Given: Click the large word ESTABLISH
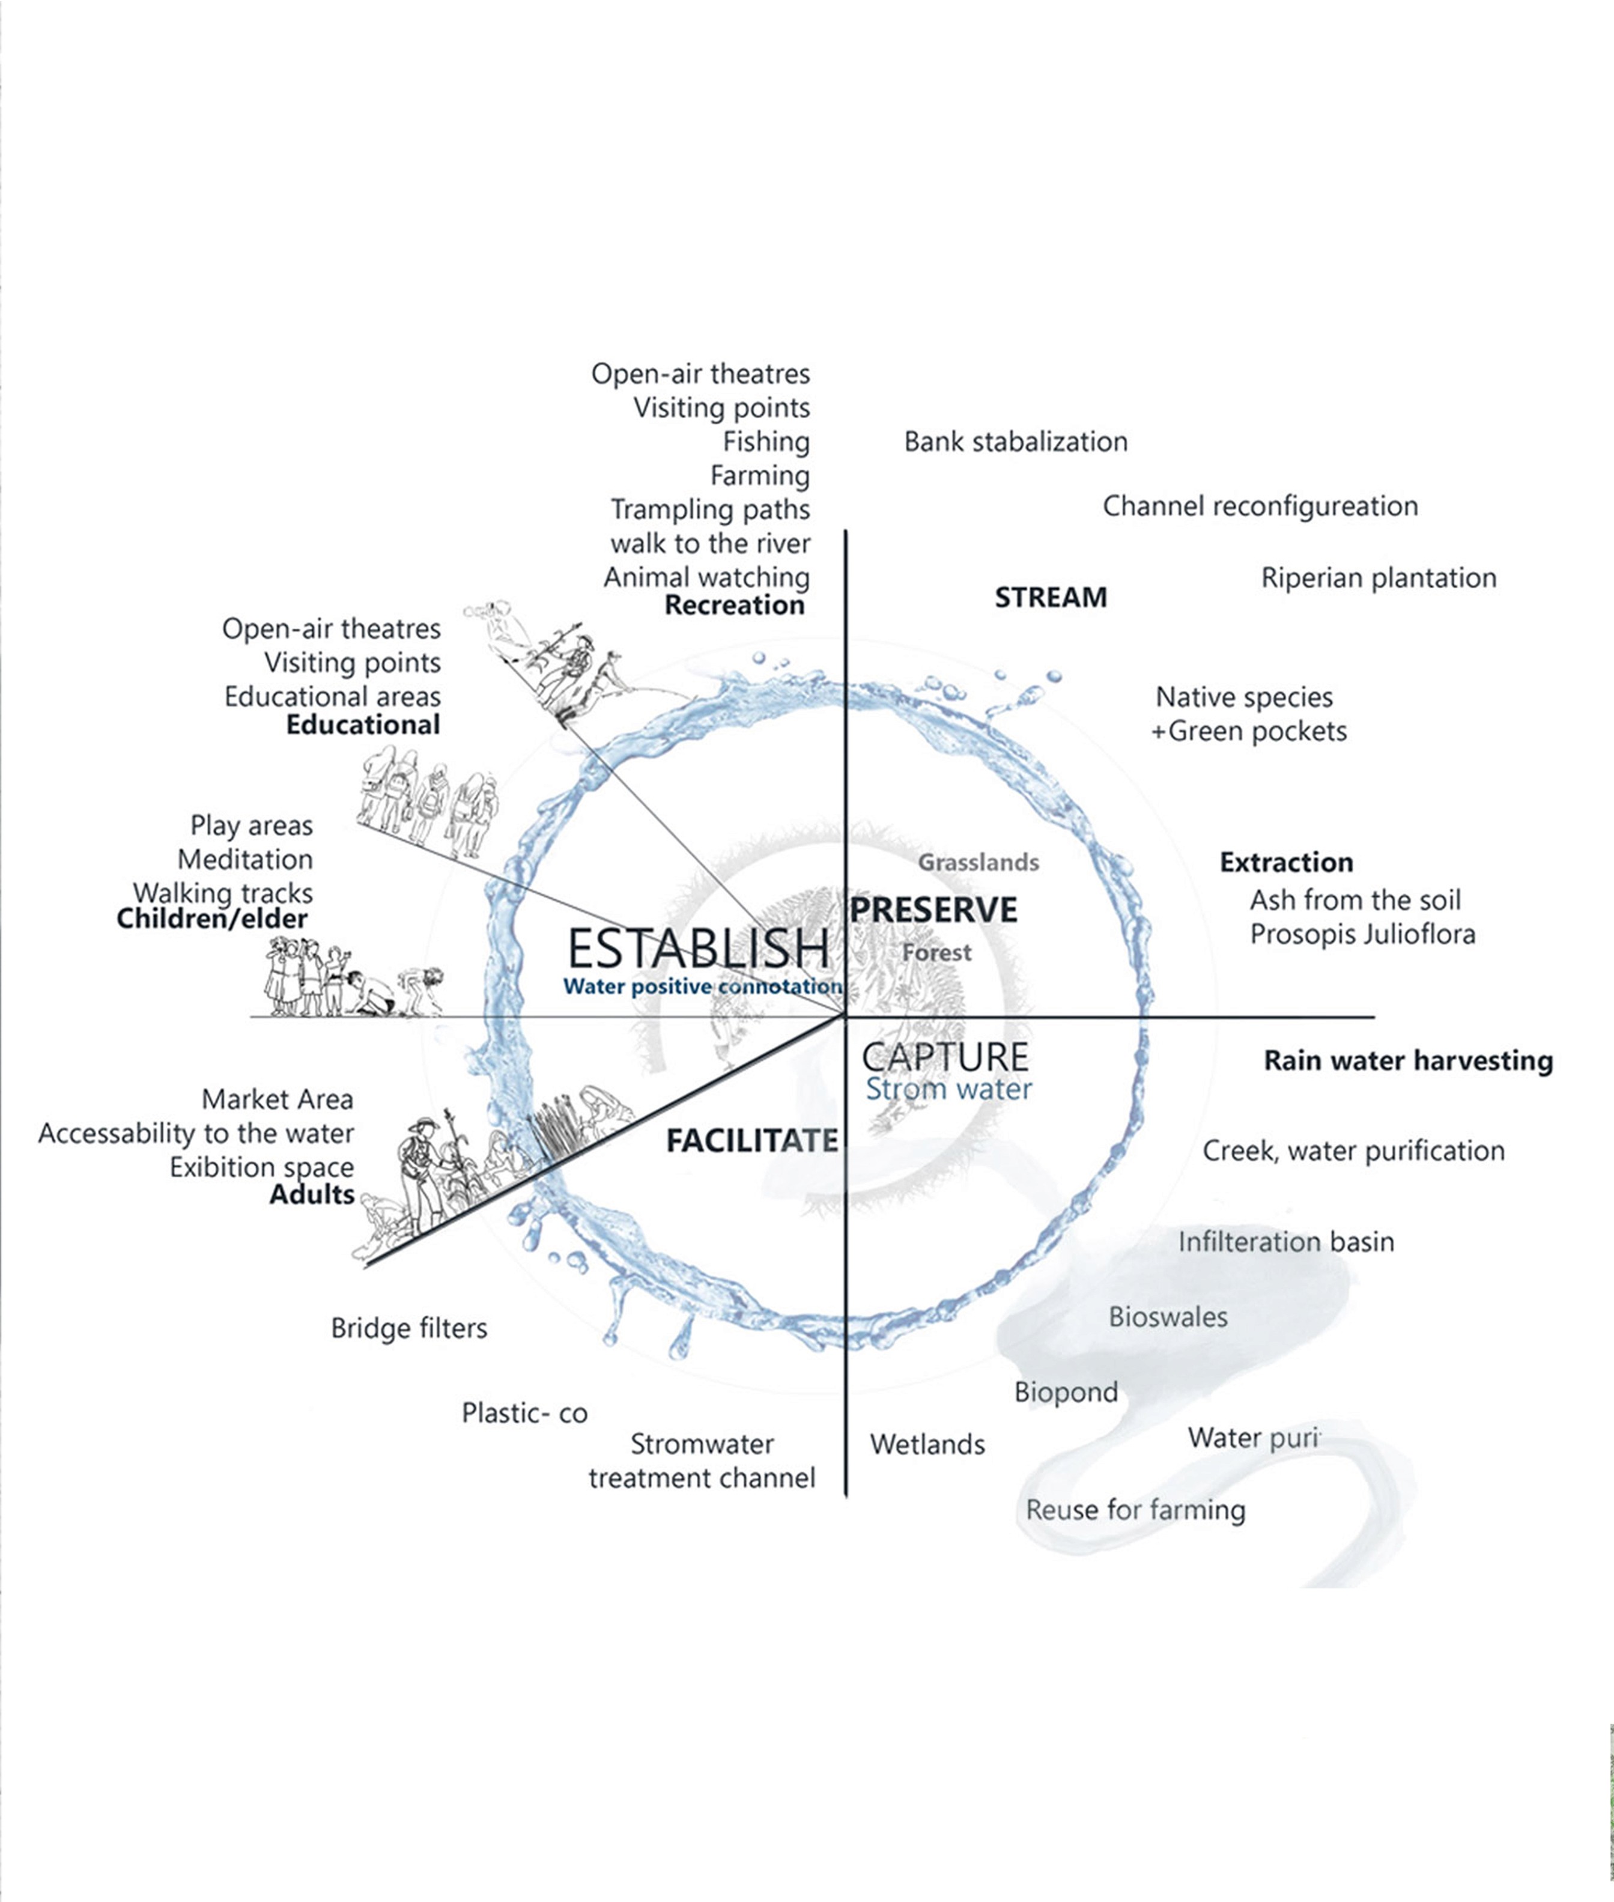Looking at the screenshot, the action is tap(698, 948).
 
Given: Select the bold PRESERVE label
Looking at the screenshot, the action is tap(933, 910).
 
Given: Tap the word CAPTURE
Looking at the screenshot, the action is tap(945, 1057).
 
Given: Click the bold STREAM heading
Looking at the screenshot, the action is tap(1051, 597).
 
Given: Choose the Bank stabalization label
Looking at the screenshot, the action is tap(1016, 442).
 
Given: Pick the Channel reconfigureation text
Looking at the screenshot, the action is tap(1260, 506).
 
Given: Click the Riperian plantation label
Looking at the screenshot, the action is tap(1378, 578).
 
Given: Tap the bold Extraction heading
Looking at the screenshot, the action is tap(1285, 862).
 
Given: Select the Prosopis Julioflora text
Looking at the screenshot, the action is tap(1362, 934).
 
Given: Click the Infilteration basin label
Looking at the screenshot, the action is tap(1285, 1242).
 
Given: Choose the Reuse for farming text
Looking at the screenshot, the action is tap(1135, 1510).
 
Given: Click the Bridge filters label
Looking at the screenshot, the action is tap(409, 1328).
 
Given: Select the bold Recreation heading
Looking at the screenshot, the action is tap(734, 605).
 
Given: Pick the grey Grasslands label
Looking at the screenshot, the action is tap(978, 862).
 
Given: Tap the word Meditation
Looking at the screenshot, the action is tap(245, 859).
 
